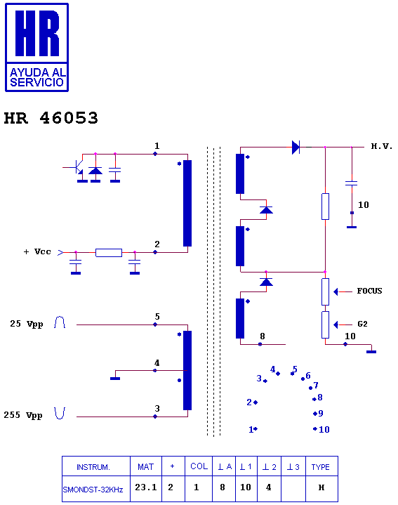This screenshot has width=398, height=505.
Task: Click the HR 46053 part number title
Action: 51,118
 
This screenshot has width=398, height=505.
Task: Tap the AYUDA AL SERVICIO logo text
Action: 37,78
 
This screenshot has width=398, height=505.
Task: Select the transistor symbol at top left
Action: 79,167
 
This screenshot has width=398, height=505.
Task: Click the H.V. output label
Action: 382,147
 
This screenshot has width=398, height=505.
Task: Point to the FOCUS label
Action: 369,291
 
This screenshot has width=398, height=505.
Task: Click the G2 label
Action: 362,324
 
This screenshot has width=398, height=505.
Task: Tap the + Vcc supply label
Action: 37,252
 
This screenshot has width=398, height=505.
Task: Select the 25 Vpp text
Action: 27,324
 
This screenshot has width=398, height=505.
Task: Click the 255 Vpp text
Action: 23,415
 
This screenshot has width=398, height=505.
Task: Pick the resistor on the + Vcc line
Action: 109,253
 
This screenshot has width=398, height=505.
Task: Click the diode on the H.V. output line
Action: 296,147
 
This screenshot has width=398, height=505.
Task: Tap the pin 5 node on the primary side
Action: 155,324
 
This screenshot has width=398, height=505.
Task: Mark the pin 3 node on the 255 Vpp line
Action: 155,417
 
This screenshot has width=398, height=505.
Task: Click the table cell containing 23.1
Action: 146,489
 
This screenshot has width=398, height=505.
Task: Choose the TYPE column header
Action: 321,466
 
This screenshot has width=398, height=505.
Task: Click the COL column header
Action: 199,466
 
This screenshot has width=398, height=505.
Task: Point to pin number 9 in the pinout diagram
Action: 321,413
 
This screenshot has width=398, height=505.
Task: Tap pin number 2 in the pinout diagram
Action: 249,402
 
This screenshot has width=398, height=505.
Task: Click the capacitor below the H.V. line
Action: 352,183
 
